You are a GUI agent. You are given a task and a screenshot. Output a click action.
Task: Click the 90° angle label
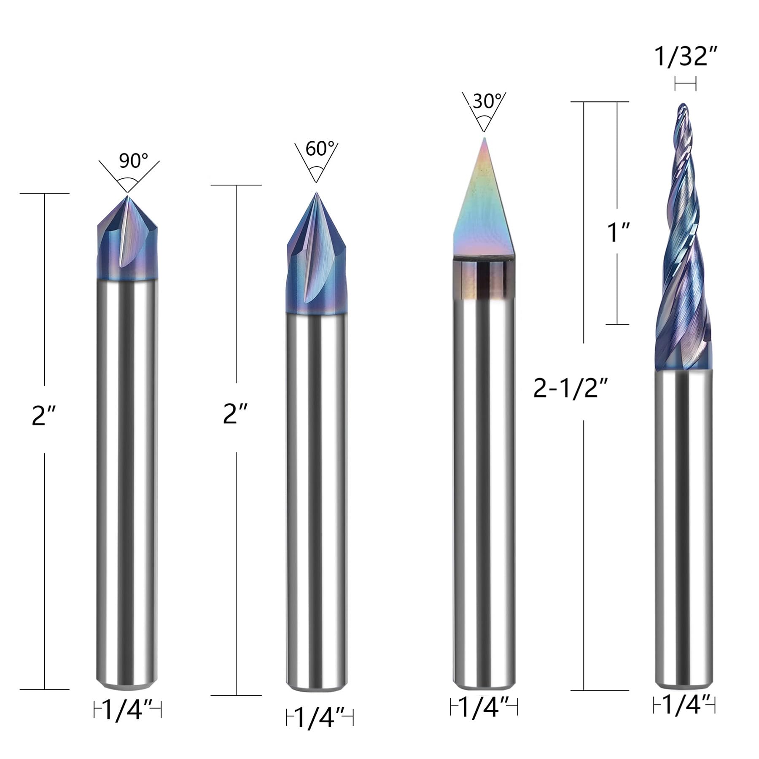[133, 161]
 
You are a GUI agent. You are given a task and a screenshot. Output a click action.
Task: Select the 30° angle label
[488, 101]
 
